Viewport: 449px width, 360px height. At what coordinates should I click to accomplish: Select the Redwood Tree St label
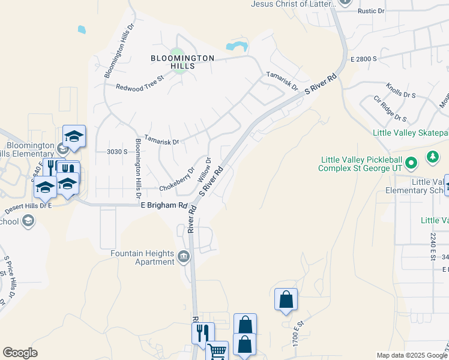(140, 88)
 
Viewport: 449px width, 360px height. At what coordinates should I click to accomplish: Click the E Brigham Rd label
(164, 205)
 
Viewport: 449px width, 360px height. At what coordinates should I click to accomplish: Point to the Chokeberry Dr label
(177, 180)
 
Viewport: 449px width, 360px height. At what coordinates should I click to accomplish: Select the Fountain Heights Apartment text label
(142, 257)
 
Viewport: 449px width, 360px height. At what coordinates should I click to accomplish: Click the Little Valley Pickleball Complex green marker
(411, 163)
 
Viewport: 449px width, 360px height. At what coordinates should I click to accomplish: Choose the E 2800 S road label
(364, 59)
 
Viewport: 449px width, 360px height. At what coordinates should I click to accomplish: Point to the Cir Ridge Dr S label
(390, 109)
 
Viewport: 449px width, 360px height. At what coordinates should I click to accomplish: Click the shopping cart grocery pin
(217, 351)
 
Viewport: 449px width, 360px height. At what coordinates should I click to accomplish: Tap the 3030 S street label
(117, 152)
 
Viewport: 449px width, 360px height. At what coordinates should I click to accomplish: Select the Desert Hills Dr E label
(29, 208)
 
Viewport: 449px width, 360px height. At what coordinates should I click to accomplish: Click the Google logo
(20, 353)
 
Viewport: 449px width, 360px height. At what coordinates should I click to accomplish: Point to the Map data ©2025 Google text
(411, 355)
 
